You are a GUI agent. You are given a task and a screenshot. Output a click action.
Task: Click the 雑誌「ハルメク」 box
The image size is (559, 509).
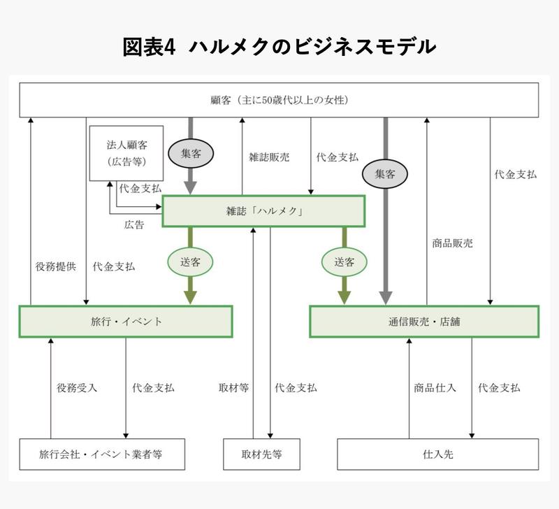coord(263,211)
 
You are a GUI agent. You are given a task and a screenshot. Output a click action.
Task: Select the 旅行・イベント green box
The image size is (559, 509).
coord(125,322)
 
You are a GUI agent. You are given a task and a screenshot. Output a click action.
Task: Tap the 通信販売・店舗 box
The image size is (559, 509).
coord(424,322)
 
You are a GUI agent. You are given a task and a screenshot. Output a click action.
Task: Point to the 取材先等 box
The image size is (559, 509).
coord(261,454)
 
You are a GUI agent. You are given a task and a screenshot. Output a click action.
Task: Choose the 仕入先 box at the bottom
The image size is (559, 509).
coord(437,454)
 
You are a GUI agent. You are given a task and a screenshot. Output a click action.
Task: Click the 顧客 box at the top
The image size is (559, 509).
coord(278,100)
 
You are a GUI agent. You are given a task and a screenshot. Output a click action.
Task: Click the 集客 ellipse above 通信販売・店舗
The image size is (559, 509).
coord(385,173)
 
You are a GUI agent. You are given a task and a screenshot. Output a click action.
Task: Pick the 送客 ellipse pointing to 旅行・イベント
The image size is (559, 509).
coord(190,262)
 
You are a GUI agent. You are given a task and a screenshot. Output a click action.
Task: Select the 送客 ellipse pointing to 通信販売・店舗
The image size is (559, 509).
coord(344,262)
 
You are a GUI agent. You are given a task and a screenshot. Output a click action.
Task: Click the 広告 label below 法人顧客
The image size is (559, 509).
coord(134,225)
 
